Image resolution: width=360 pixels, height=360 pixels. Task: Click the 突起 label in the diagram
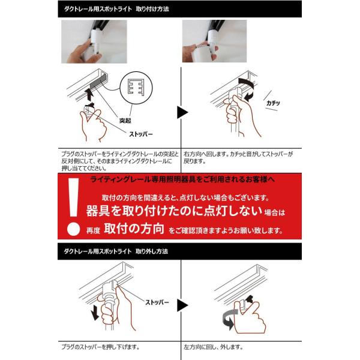(x=125, y=121)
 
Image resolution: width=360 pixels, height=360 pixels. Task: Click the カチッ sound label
(x=273, y=103)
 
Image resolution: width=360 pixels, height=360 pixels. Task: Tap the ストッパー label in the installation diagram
(x=141, y=134)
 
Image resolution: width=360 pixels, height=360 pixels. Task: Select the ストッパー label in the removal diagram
(x=157, y=302)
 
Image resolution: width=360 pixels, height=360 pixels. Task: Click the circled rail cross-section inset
(x=136, y=88)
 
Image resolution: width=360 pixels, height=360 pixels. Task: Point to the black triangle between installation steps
(x=182, y=112)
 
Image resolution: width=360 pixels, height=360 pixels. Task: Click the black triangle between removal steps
(x=182, y=305)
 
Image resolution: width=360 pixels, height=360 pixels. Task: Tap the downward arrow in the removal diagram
(x=95, y=314)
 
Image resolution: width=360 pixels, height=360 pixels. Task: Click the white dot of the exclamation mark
(x=73, y=229)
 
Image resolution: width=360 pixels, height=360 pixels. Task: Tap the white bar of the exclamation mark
(x=74, y=197)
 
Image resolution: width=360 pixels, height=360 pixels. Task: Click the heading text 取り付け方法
(x=152, y=9)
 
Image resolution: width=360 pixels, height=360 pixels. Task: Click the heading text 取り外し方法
(x=152, y=251)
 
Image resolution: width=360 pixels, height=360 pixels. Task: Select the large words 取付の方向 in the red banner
(x=134, y=229)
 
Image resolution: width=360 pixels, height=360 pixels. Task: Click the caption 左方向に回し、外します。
(x=213, y=347)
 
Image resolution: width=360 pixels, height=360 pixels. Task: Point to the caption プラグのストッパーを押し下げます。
(x=100, y=347)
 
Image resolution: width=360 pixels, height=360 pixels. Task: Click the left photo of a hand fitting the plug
(x=94, y=41)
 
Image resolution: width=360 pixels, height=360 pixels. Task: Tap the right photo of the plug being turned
(x=214, y=41)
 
